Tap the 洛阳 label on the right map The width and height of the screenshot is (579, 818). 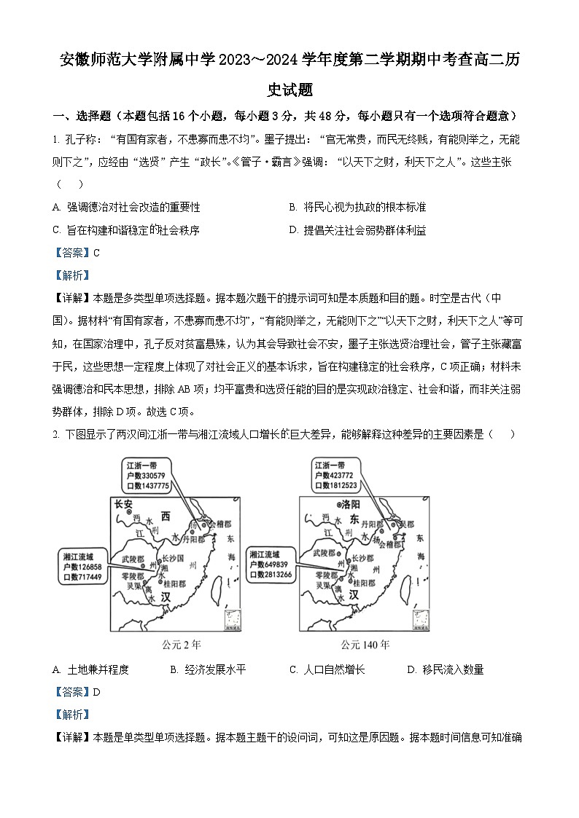(x=352, y=503)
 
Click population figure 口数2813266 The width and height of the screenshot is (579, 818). (x=271, y=575)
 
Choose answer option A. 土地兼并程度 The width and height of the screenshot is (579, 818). (x=91, y=669)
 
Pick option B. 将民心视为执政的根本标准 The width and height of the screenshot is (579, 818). (x=357, y=208)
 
